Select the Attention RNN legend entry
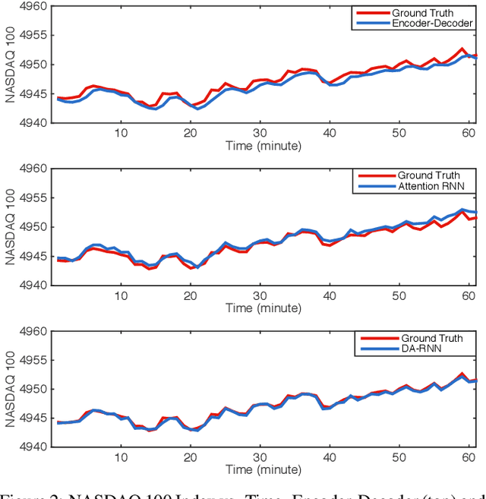[x=439, y=186]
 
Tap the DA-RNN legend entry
[x=430, y=349]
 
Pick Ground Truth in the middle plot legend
[x=430, y=175]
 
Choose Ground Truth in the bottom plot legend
[x=430, y=339]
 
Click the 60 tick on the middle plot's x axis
[x=469, y=295]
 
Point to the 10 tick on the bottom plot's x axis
[x=121, y=458]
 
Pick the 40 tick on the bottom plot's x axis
[x=330, y=458]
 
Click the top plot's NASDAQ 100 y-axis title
[x=10, y=65]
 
